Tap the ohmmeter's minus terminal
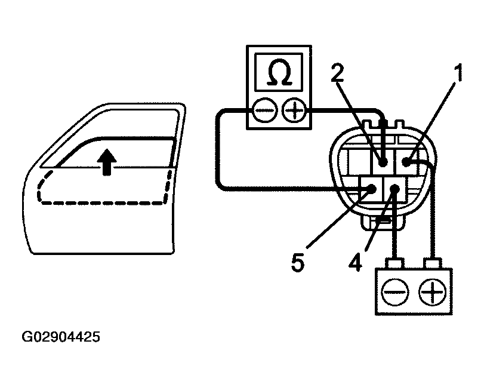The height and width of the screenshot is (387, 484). click(x=264, y=110)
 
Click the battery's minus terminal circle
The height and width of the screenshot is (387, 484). click(x=393, y=293)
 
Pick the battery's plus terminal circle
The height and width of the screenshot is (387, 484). click(x=430, y=293)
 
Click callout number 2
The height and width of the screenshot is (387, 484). click(x=338, y=72)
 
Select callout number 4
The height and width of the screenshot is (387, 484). click(x=356, y=262)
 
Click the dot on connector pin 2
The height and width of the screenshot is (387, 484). click(x=383, y=161)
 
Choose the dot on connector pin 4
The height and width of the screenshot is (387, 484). click(x=394, y=189)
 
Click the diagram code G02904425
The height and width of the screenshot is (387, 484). click(x=61, y=337)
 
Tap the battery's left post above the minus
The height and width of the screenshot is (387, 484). click(x=394, y=263)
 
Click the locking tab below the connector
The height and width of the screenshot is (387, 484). click(x=382, y=224)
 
